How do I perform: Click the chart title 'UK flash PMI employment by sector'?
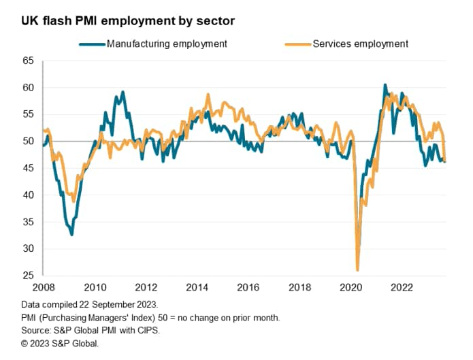pyautogui.click(x=129, y=20)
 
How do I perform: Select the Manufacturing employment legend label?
pyautogui.click(x=167, y=44)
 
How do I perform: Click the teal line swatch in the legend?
pyautogui.click(x=92, y=44)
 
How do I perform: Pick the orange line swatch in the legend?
pyautogui.click(x=296, y=44)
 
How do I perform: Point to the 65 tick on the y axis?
pyautogui.click(x=28, y=61)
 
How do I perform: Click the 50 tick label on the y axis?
pyautogui.click(x=28, y=141)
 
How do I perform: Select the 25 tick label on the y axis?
pyautogui.click(x=28, y=275)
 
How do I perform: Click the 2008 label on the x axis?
pyautogui.click(x=43, y=287)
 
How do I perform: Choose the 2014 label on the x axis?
pyautogui.click(x=197, y=287)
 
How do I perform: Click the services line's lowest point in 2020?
pyautogui.click(x=358, y=269)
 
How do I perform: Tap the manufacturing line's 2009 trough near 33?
pyautogui.click(x=71, y=234)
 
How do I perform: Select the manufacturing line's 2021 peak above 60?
pyautogui.click(x=385, y=85)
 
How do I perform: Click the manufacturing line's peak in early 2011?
pyautogui.click(x=123, y=92)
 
